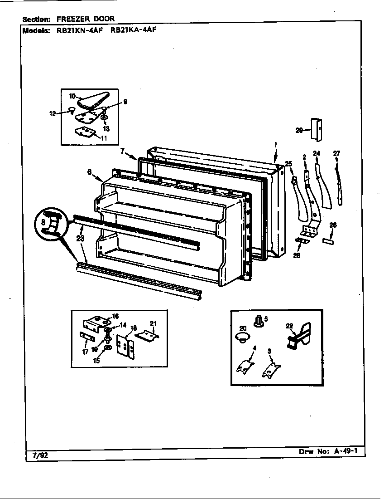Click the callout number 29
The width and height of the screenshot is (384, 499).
coord(299,130)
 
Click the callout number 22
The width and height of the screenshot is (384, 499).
coord(289,325)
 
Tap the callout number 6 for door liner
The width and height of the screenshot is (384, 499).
coord(89,172)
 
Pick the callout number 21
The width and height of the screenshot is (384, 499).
coord(154,323)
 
